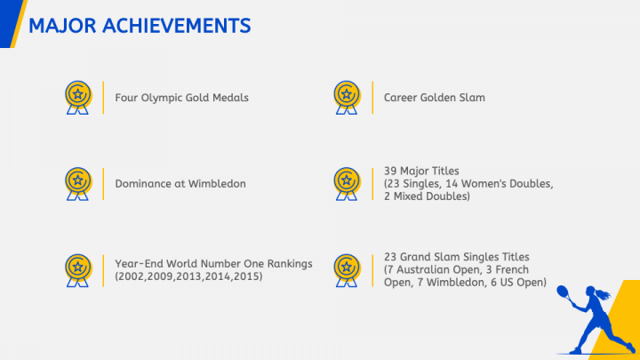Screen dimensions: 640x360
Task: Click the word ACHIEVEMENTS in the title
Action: [x=176, y=26]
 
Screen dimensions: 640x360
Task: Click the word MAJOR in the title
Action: [x=62, y=26]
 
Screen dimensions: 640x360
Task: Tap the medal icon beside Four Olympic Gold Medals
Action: [x=78, y=98]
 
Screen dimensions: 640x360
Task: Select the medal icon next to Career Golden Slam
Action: [x=347, y=98]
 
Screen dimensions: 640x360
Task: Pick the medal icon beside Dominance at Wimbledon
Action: [x=78, y=184]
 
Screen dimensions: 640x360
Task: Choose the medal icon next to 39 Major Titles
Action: [x=347, y=184]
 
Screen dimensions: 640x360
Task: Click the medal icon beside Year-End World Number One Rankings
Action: [x=78, y=270]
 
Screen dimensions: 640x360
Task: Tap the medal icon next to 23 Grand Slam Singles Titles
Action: [x=347, y=270]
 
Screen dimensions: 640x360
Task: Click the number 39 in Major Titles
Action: [x=390, y=171]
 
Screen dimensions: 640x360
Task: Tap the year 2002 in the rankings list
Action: [x=131, y=276]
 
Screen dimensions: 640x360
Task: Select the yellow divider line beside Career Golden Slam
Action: [x=372, y=98]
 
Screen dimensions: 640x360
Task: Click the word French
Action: [x=512, y=270]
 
